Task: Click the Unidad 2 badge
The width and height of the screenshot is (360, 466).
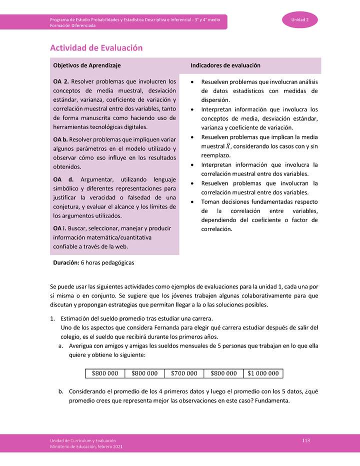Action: pyautogui.click(x=300, y=20)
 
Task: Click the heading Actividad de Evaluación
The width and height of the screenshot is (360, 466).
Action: pyautogui.click(x=96, y=48)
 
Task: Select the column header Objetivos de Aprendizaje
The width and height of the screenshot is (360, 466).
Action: pyautogui.click(x=86, y=65)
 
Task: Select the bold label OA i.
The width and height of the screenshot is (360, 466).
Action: pyautogui.click(x=60, y=228)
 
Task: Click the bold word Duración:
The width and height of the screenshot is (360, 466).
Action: pyautogui.click(x=66, y=262)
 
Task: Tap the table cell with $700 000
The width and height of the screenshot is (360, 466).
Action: pyautogui.click(x=184, y=373)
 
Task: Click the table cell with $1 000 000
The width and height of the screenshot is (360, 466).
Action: pyautogui.click(x=263, y=373)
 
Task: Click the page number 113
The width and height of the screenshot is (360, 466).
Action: pyautogui.click(x=306, y=439)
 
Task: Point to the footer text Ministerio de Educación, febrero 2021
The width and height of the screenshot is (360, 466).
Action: pyautogui.click(x=86, y=446)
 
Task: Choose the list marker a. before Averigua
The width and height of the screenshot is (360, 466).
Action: pyautogui.click(x=60, y=345)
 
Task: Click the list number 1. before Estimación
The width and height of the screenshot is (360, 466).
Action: pyautogui.click(x=52, y=318)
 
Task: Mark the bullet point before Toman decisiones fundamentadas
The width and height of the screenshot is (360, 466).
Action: pyautogui.click(x=193, y=202)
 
